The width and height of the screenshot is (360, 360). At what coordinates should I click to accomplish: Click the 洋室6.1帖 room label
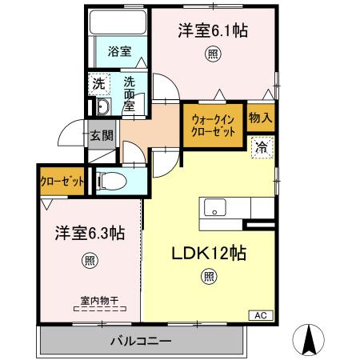pos(211,31)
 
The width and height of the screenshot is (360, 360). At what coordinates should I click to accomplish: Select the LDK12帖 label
pos(210,253)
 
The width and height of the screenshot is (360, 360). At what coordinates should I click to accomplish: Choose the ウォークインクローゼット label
pos(213,126)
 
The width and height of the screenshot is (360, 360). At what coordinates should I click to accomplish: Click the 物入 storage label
pos(260,118)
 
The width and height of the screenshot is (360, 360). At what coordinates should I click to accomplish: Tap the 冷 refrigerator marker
pos(261,147)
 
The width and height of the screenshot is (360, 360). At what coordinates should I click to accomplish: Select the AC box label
pos(261,314)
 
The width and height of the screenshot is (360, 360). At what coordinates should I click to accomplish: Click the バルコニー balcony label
pos(141,342)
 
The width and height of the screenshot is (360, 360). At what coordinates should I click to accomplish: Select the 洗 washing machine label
pos(98,83)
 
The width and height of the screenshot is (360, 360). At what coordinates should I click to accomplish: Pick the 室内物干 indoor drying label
pos(99,301)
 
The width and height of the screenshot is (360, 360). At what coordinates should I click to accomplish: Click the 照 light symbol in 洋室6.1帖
pos(212,54)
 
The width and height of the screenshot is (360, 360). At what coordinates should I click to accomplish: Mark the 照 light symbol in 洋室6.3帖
pos(89,259)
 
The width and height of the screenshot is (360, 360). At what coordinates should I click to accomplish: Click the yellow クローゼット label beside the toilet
pos(63,182)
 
